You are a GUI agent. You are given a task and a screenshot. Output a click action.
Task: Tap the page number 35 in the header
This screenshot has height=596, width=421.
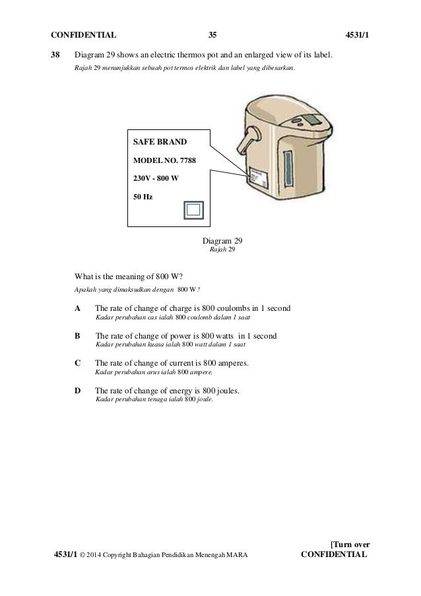[212, 34]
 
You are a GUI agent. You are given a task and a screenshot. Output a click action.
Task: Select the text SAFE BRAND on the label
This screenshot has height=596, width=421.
[160, 142]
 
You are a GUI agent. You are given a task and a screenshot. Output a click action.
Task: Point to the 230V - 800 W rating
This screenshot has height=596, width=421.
[156, 178]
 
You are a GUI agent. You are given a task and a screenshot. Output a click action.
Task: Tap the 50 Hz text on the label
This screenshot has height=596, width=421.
[143, 197]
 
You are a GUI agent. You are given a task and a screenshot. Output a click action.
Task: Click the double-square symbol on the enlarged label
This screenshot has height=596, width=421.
[193, 211]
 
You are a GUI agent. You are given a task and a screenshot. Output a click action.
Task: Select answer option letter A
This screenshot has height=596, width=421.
[78, 309]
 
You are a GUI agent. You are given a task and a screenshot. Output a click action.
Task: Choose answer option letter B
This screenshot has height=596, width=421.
[78, 336]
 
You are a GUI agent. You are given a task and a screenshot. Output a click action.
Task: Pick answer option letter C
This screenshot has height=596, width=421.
[78, 363]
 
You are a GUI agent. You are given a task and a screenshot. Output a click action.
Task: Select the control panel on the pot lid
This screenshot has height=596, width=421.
[309, 120]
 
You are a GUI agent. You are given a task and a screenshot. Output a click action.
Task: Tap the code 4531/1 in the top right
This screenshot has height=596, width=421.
[355, 34]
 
